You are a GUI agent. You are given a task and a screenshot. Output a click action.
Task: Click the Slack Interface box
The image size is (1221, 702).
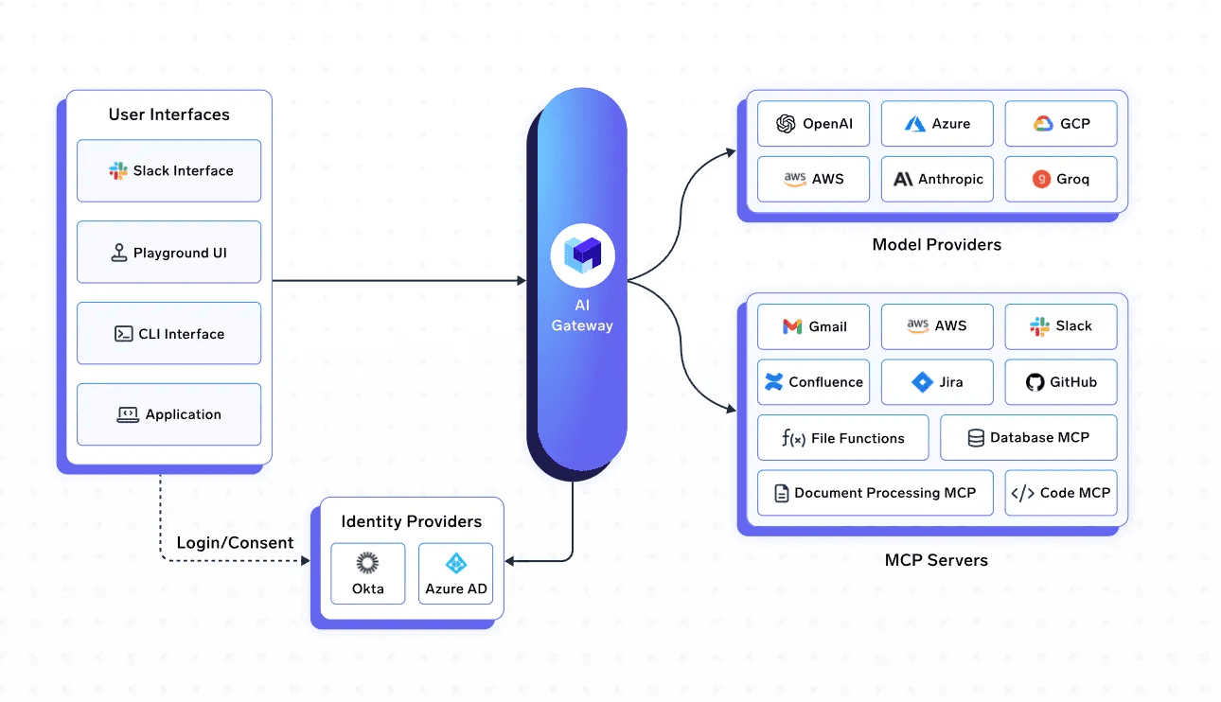tap(169, 170)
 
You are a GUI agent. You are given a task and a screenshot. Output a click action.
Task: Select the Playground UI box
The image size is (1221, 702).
tap(169, 252)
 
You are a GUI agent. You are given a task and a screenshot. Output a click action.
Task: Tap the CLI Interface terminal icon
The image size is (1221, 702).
tap(124, 334)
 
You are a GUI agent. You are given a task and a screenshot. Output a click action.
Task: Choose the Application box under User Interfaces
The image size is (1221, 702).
tap(169, 414)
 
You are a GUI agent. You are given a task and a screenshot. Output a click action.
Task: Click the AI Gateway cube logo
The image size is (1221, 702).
tap(583, 254)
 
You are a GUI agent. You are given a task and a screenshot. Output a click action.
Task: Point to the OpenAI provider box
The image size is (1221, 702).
tap(813, 124)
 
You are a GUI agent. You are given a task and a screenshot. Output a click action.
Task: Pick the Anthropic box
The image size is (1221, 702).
tap(937, 180)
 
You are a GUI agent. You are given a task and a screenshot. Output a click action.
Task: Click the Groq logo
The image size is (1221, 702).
tap(1041, 179)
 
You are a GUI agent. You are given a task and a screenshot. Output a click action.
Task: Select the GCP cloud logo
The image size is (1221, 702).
tap(1043, 124)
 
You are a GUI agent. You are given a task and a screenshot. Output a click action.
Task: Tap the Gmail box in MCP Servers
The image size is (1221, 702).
tap(813, 326)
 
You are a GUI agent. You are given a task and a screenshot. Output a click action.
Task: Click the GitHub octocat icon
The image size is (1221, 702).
tap(1035, 382)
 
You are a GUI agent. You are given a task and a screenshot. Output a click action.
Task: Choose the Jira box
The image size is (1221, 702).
tap(937, 382)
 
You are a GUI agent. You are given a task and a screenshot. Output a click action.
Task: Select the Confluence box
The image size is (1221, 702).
tap(813, 382)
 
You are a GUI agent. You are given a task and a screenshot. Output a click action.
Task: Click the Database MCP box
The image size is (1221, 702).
tap(1028, 438)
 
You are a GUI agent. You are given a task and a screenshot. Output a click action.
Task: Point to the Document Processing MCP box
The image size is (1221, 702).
tap(875, 493)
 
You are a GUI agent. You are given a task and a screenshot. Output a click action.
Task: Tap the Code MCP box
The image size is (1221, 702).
tap(1061, 493)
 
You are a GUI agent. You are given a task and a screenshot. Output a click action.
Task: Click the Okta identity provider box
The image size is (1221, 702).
tap(368, 573)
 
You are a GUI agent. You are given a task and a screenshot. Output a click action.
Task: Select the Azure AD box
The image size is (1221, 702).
tap(455, 573)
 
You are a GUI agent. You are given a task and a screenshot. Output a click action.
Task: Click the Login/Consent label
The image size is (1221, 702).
tap(235, 543)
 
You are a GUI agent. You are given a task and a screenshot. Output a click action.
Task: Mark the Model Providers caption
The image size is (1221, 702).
tap(936, 245)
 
